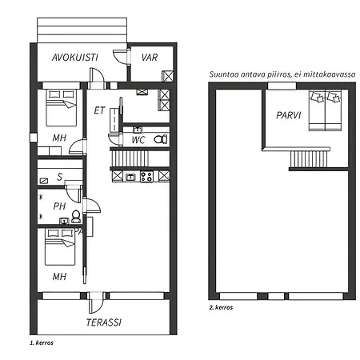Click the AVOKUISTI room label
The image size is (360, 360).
74,58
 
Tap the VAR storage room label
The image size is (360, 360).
149,58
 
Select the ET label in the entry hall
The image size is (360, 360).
99,110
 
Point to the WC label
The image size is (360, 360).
138,141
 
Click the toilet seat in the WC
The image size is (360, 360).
160,139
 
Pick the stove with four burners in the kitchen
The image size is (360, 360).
146,176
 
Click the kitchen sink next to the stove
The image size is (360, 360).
130,176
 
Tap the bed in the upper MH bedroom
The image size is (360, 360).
59,107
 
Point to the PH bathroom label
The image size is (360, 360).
58,206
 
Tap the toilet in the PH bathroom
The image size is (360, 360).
76,216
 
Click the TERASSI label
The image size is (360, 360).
103,322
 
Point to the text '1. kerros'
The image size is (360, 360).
41,342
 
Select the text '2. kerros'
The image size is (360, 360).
222,306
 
